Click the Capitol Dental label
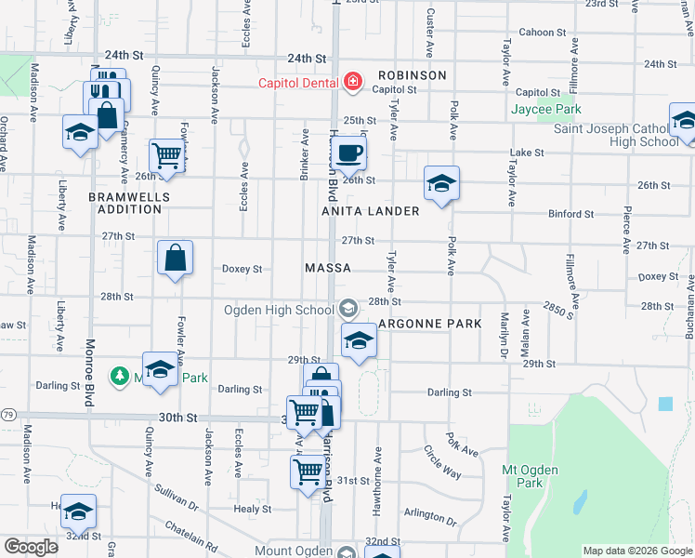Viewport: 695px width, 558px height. (x=298, y=84)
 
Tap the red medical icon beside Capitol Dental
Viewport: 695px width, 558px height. (x=352, y=84)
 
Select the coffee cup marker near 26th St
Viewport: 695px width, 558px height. (x=349, y=152)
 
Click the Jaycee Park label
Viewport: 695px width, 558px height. (x=546, y=109)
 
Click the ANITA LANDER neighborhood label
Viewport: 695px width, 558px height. (x=371, y=211)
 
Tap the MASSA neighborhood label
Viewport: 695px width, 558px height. (x=328, y=268)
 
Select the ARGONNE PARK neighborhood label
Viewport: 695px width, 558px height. (x=430, y=324)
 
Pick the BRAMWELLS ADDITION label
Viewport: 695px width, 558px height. (x=125, y=203)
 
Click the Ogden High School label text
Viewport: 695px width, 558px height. (x=279, y=310)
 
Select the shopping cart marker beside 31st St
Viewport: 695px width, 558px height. (x=308, y=472)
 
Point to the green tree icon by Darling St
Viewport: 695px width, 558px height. (x=119, y=376)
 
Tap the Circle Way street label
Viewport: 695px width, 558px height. (x=443, y=461)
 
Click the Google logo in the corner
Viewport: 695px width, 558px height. (x=31, y=547)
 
